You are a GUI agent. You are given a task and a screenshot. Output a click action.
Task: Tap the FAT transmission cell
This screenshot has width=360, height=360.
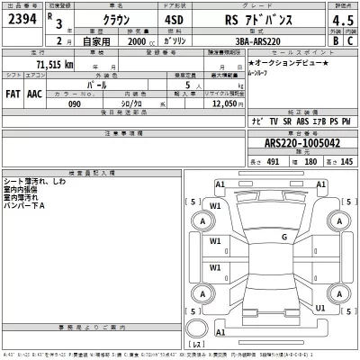13,91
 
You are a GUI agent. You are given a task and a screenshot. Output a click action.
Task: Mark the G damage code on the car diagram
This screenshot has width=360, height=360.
283,238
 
